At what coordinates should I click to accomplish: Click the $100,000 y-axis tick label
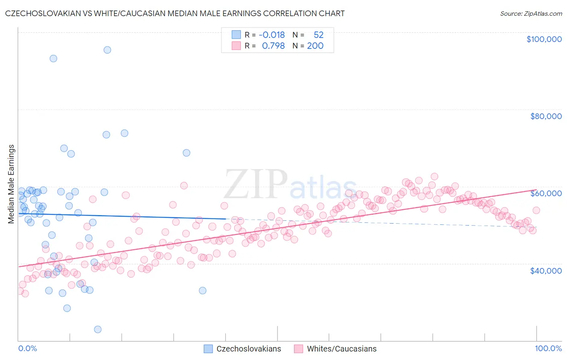pos(544,39)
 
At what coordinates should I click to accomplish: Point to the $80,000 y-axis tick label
pos(546,116)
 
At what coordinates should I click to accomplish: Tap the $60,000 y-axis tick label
pos(546,193)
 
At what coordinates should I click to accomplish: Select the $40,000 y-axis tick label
pos(546,270)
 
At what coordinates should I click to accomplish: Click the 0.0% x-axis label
pos(27,348)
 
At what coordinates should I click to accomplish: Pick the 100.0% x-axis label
pos(548,348)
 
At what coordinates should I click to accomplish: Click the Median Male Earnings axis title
pos(11,184)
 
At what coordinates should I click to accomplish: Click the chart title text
pos(175,13)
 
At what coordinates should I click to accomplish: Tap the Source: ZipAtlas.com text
pos(531,13)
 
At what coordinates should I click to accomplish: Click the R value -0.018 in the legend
pos(272,35)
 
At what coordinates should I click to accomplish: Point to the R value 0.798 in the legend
pos(273,46)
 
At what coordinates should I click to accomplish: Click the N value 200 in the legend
pos(315,46)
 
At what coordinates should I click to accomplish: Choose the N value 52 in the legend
pos(319,35)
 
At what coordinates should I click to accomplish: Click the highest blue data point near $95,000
pos(107,50)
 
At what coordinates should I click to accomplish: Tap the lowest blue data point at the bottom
pos(98,329)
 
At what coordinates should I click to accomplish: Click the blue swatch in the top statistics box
pos(236,35)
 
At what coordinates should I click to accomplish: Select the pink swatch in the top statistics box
pos(236,46)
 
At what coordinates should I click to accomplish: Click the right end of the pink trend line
pos(536,190)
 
